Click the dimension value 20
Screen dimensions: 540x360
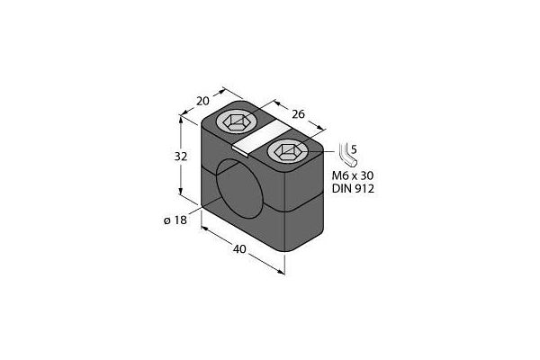click(x=202, y=102)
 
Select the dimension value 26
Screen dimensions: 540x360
click(x=298, y=114)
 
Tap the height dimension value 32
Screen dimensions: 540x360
click(x=181, y=157)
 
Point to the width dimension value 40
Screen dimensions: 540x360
click(x=239, y=248)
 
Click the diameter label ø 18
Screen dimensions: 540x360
click(x=175, y=220)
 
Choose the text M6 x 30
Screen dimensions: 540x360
click(x=353, y=175)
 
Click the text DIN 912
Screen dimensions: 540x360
click(x=353, y=189)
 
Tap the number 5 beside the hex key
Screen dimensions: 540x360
click(x=354, y=150)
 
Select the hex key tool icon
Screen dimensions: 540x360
click(x=347, y=154)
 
